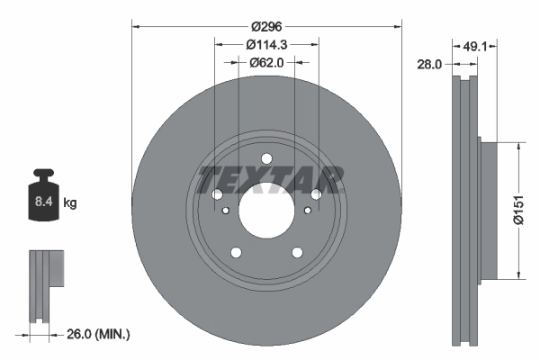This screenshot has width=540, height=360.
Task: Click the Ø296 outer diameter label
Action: tap(266, 27)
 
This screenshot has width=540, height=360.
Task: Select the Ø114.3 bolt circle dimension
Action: tap(266, 45)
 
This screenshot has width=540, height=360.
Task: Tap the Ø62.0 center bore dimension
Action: tap(266, 62)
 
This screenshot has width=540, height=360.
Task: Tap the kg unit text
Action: tap(70, 203)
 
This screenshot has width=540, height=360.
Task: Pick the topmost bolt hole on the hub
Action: tap(266, 159)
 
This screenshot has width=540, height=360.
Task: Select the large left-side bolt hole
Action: tap(217, 194)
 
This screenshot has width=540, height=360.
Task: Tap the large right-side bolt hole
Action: tap(316, 194)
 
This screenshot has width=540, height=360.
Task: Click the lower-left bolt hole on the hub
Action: tap(236, 253)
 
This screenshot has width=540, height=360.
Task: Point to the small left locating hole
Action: tap(225, 211)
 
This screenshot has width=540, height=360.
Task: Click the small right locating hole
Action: tap(308, 211)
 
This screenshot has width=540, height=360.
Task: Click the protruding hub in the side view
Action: tap(487, 210)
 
